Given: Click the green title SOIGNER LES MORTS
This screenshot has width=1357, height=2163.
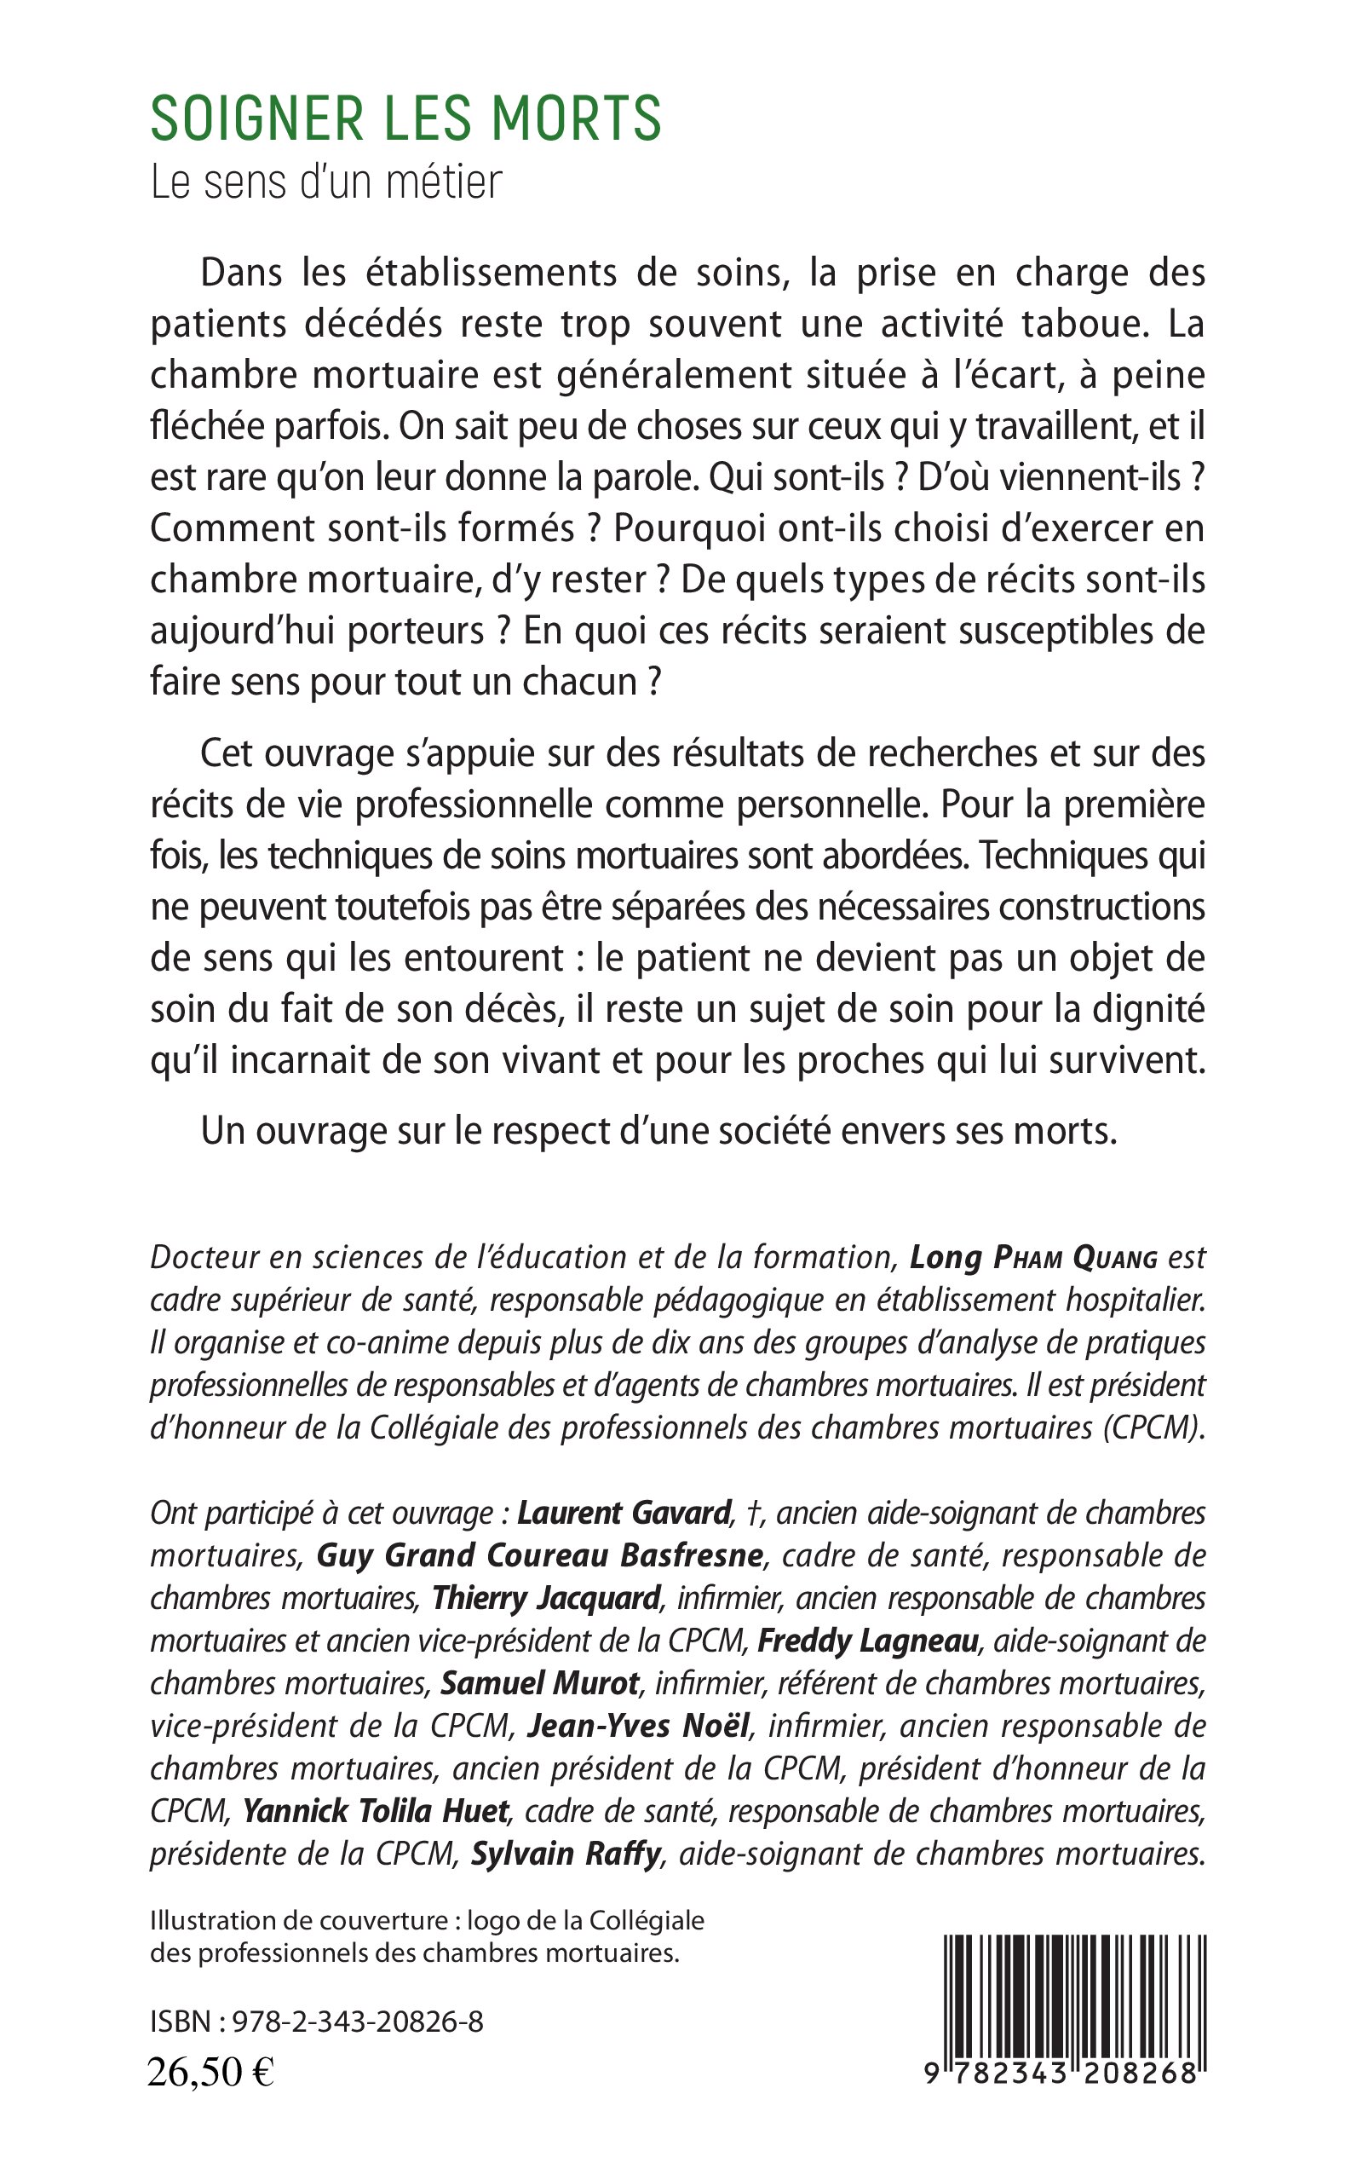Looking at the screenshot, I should point(405,119).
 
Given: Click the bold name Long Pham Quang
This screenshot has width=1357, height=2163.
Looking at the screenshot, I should point(1033,1258).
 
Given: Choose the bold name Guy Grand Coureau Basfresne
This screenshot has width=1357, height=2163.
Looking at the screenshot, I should point(540,1556).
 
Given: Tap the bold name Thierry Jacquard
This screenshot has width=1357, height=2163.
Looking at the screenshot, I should point(546,1598).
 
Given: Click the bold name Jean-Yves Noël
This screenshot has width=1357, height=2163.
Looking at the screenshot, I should point(639,1726).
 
